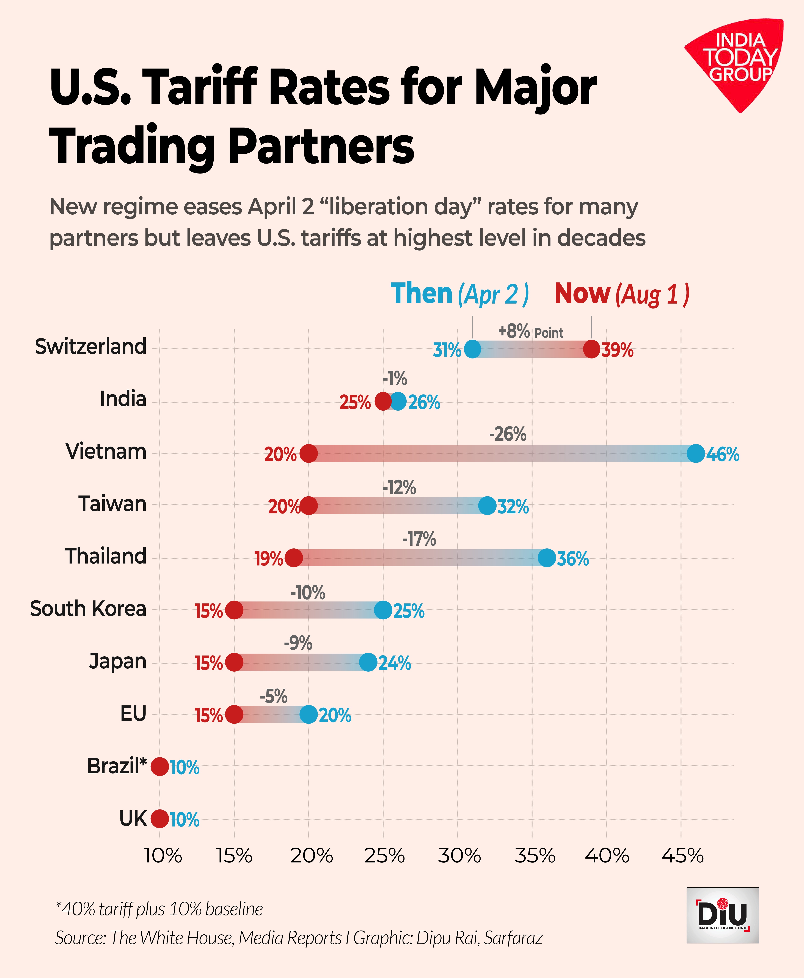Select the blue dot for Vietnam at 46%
pos(696,453)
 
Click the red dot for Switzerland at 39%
pos(591,349)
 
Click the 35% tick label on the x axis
pos(535,856)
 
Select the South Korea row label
pos(88,609)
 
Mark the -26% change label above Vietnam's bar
pos(508,434)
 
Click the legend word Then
pos(422,294)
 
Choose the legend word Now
pos(582,294)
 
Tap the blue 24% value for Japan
pos(395,663)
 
